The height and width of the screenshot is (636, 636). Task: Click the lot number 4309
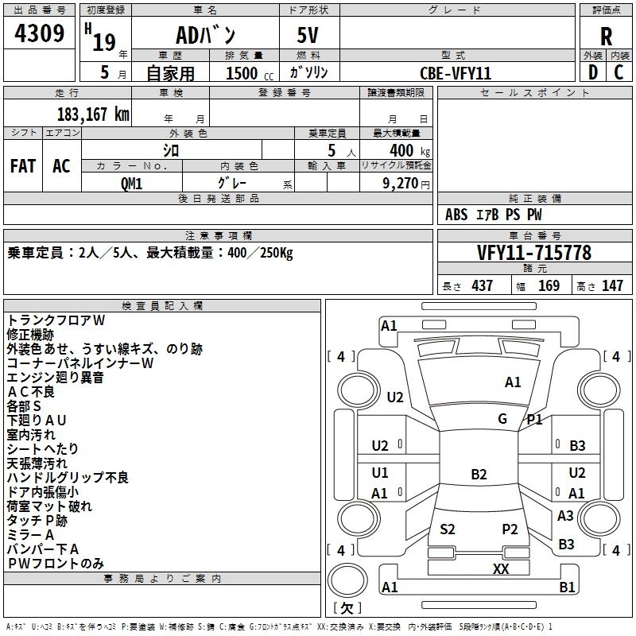pyautogui.click(x=39, y=33)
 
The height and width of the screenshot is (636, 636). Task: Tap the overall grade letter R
pyautogui.click(x=606, y=37)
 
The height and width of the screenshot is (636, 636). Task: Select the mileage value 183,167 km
pyautogui.click(x=93, y=114)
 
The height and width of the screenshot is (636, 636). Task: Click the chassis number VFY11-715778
pyautogui.click(x=534, y=252)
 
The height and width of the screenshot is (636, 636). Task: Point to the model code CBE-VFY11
pyautogui.click(x=456, y=73)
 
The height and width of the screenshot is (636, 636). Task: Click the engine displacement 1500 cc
pyautogui.click(x=250, y=73)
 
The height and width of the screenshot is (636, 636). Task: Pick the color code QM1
pyautogui.click(x=131, y=184)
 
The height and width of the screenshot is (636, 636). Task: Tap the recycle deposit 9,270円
pyautogui.click(x=406, y=184)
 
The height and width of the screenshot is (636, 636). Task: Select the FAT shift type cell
pyautogui.click(x=23, y=166)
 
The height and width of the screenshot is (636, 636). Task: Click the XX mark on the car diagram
pyautogui.click(x=501, y=568)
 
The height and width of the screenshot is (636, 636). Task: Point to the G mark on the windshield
pyautogui.click(x=502, y=419)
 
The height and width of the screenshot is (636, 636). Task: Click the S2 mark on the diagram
pyautogui.click(x=447, y=529)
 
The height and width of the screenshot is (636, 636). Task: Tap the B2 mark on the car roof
pyautogui.click(x=479, y=474)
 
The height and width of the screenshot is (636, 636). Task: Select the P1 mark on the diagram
pyautogui.click(x=534, y=420)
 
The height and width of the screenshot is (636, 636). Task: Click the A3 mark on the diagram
pyautogui.click(x=565, y=515)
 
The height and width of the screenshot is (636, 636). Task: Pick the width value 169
pyautogui.click(x=549, y=285)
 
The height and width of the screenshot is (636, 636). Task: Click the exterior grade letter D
pyautogui.click(x=593, y=72)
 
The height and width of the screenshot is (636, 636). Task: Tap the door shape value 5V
pyautogui.click(x=308, y=35)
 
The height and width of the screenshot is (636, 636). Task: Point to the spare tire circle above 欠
pyautogui.click(x=347, y=580)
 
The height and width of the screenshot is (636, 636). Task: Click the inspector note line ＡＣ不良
pyautogui.click(x=31, y=392)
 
